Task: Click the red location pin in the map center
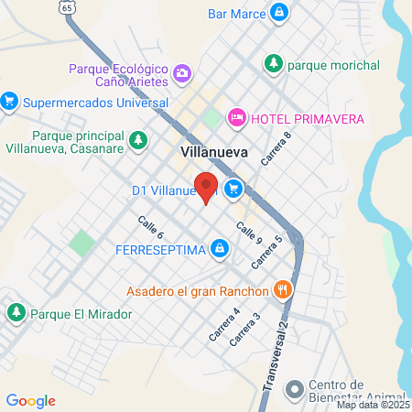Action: (x=207, y=187)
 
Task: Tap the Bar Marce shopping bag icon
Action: (x=280, y=14)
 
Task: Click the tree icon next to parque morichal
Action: (x=272, y=64)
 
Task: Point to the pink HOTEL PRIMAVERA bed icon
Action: (x=236, y=119)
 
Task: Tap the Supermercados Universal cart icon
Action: (x=10, y=101)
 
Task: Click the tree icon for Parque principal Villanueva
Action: (x=137, y=141)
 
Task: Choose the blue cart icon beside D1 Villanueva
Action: (x=234, y=190)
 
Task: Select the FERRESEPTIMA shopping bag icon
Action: (x=219, y=248)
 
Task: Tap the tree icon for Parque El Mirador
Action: (x=16, y=313)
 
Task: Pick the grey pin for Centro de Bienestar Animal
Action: (x=293, y=391)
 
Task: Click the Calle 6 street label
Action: (x=150, y=228)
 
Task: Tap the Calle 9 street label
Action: (x=249, y=233)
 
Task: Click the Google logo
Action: (x=30, y=401)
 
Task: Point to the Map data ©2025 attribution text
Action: (x=373, y=405)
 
